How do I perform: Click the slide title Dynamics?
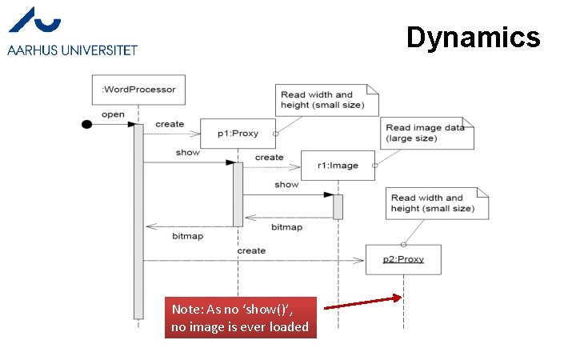click(473, 37)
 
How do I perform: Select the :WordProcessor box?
click(139, 90)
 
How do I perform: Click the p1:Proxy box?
click(238, 133)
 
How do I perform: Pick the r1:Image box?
click(338, 166)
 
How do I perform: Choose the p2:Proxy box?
click(403, 259)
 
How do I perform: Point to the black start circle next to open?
click(87, 125)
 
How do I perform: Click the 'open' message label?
click(113, 114)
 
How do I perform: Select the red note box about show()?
click(241, 318)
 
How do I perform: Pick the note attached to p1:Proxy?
click(321, 100)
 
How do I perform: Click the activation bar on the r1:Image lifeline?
click(338, 206)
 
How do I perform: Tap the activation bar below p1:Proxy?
click(238, 194)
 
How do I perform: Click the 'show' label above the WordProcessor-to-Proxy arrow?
click(187, 152)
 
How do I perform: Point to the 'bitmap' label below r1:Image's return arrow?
click(286, 227)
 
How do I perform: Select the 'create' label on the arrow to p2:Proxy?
click(251, 250)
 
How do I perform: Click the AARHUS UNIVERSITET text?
click(73, 50)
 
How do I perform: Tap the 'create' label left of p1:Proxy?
click(170, 124)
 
